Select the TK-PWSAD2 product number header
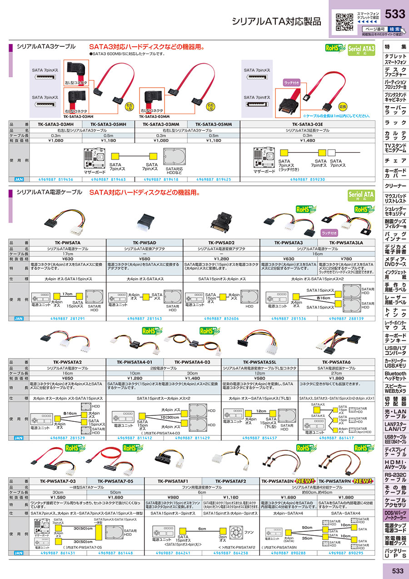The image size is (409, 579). click(221, 243)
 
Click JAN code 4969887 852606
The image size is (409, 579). click(221, 319)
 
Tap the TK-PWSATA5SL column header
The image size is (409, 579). click(259, 362)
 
